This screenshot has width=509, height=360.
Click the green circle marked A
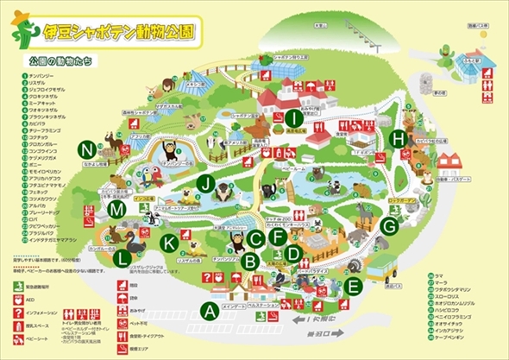207,309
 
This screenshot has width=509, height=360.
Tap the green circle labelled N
85,148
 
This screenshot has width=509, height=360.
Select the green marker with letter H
397,138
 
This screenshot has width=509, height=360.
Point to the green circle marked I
295,118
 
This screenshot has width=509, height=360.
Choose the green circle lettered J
204,183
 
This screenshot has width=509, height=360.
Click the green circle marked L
124,257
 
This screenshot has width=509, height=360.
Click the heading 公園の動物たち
61,62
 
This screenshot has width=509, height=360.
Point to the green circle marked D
293,254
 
